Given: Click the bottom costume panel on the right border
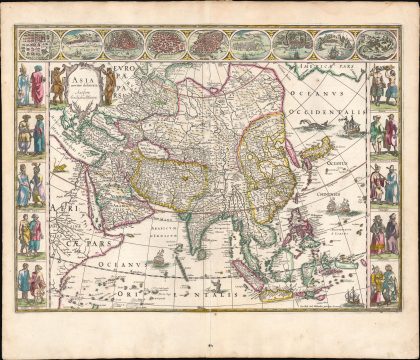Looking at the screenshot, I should point(384,282).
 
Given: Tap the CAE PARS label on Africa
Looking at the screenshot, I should point(57,243).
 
